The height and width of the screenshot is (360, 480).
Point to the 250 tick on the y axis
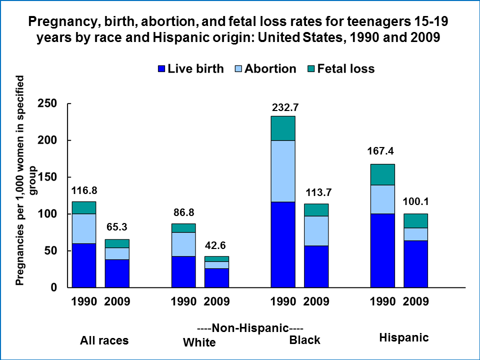click(x=46, y=103)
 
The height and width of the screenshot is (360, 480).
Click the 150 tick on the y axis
click(x=46, y=177)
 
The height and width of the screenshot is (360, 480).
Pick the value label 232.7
click(x=283, y=107)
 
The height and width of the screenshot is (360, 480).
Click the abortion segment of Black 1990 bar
click(x=283, y=171)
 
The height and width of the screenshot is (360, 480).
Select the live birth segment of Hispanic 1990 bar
click(x=382, y=250)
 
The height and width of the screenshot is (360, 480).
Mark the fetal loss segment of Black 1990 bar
click(x=283, y=128)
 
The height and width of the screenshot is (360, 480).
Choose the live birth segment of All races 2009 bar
click(x=117, y=273)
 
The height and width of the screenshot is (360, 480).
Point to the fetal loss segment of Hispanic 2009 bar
click(x=415, y=220)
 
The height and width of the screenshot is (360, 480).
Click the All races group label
click(x=104, y=341)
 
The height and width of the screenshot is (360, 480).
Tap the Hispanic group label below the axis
click(x=404, y=337)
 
